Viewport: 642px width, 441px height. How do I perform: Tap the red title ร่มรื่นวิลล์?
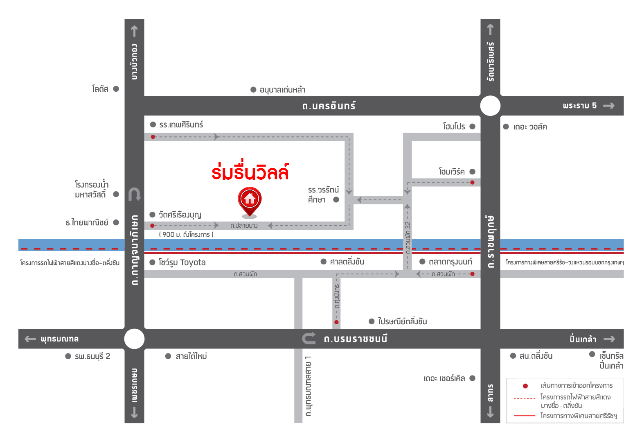(250, 172)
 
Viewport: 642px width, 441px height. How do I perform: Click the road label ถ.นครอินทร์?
(329, 106)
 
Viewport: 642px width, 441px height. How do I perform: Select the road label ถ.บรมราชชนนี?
(356, 339)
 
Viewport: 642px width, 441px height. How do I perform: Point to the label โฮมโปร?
(454, 127)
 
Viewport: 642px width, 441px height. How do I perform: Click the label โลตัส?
(100, 89)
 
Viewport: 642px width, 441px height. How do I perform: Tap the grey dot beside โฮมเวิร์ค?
(473, 172)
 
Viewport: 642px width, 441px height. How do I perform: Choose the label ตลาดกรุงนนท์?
(451, 262)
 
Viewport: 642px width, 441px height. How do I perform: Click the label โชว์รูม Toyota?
(182, 262)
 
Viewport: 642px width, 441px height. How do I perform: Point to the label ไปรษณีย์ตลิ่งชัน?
(403, 321)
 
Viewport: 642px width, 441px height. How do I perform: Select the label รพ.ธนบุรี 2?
(92, 356)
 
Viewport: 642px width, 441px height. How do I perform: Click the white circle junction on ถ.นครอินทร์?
(490, 106)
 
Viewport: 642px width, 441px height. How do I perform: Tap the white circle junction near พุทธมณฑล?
(134, 339)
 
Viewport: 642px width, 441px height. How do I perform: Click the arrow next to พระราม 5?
(609, 106)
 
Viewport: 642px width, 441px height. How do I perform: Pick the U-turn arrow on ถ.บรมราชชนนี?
(309, 338)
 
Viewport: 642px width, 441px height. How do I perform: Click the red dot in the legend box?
(525, 386)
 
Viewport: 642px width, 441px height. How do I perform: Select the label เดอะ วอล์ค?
(530, 127)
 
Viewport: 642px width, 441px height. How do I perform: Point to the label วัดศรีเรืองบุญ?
(180, 215)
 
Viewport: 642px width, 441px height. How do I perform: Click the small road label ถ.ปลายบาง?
(244, 226)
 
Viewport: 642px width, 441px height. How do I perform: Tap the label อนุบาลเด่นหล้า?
(282, 90)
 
